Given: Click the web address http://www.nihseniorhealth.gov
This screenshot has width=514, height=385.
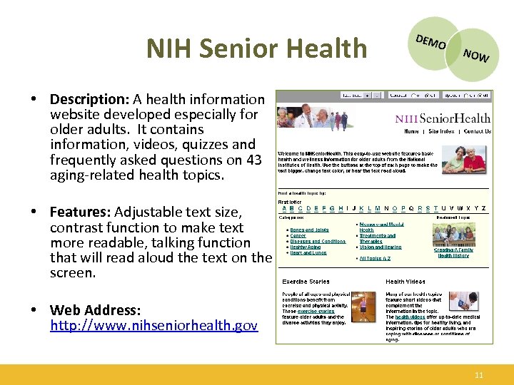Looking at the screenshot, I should coord(153,327).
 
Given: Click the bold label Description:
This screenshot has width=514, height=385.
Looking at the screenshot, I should coord(88,99).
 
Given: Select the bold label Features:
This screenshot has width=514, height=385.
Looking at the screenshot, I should coord(80,212).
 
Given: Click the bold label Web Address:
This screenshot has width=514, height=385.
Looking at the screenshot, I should coord(96,311).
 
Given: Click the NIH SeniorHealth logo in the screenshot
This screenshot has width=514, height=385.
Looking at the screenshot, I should coord(443,118).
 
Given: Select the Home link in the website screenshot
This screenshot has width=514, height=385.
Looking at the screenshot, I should coord(411,132).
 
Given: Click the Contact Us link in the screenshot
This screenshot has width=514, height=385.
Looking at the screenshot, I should coord(477,132).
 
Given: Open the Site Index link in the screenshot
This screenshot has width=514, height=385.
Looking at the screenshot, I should coord(441,132).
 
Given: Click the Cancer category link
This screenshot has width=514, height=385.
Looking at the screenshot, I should coord(298,236).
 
